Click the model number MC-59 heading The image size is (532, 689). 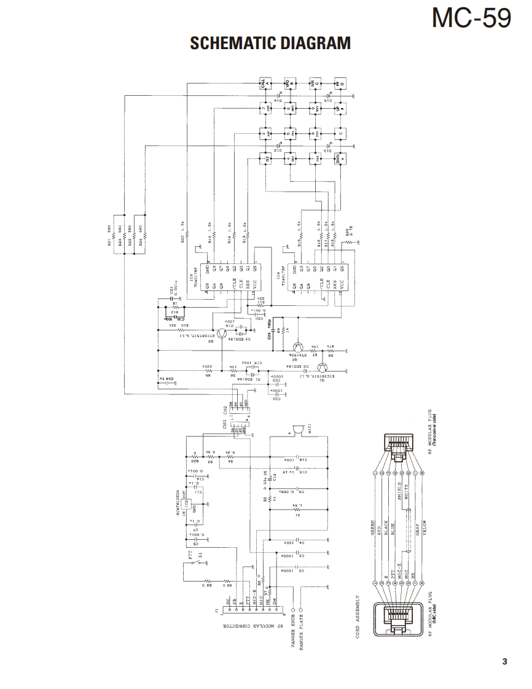click(471, 18)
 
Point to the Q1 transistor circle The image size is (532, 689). click(322, 368)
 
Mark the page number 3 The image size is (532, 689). click(504, 661)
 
